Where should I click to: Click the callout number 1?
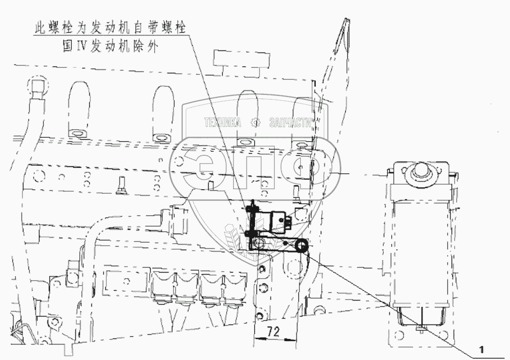[x=481, y=349]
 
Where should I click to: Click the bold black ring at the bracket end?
[x=301, y=245]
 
